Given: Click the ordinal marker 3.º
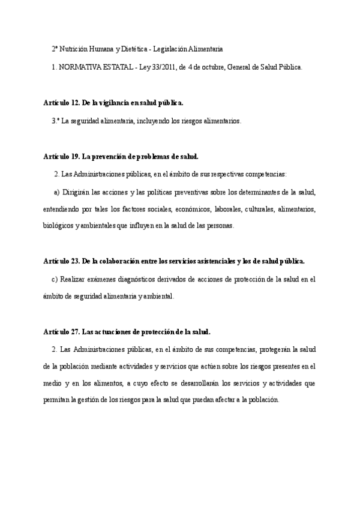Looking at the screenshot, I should tap(56, 121).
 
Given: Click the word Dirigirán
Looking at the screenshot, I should tap(77, 192).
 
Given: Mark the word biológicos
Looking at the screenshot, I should tap(59, 226).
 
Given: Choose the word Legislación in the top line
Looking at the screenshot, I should tap(172, 49).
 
